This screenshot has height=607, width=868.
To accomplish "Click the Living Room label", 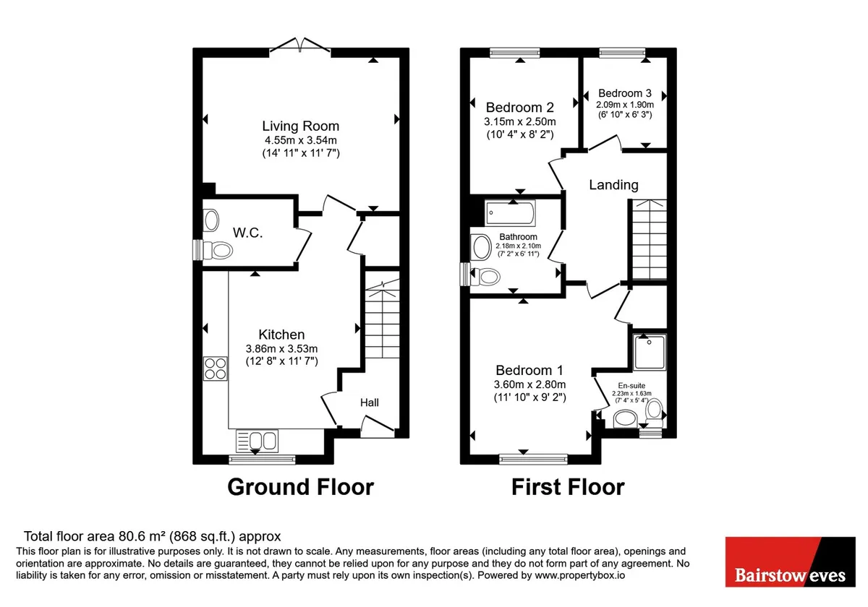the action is [301, 126].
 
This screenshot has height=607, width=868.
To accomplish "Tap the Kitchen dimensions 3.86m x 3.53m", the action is [281, 348].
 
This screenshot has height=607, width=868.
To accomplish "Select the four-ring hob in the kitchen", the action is [216, 368].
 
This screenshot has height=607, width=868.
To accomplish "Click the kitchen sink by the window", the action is [257, 441].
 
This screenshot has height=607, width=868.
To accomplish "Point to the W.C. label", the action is [247, 233].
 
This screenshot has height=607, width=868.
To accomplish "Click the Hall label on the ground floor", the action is [370, 402].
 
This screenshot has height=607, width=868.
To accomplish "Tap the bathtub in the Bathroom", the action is [511, 212].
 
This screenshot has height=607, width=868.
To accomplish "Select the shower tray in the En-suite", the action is [650, 353].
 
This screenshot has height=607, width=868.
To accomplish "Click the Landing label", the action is [613, 185].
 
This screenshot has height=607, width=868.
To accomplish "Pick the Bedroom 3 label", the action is [625, 93].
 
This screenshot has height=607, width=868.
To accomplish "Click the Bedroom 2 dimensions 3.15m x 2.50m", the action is [519, 121].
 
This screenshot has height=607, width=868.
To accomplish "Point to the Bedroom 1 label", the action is [529, 370].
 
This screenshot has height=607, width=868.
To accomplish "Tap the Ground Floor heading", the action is [300, 486].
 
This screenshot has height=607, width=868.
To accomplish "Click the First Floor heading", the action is [568, 486].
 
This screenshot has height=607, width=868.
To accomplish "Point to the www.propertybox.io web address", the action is [579, 575].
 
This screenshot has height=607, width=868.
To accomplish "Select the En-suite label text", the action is [631, 386].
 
